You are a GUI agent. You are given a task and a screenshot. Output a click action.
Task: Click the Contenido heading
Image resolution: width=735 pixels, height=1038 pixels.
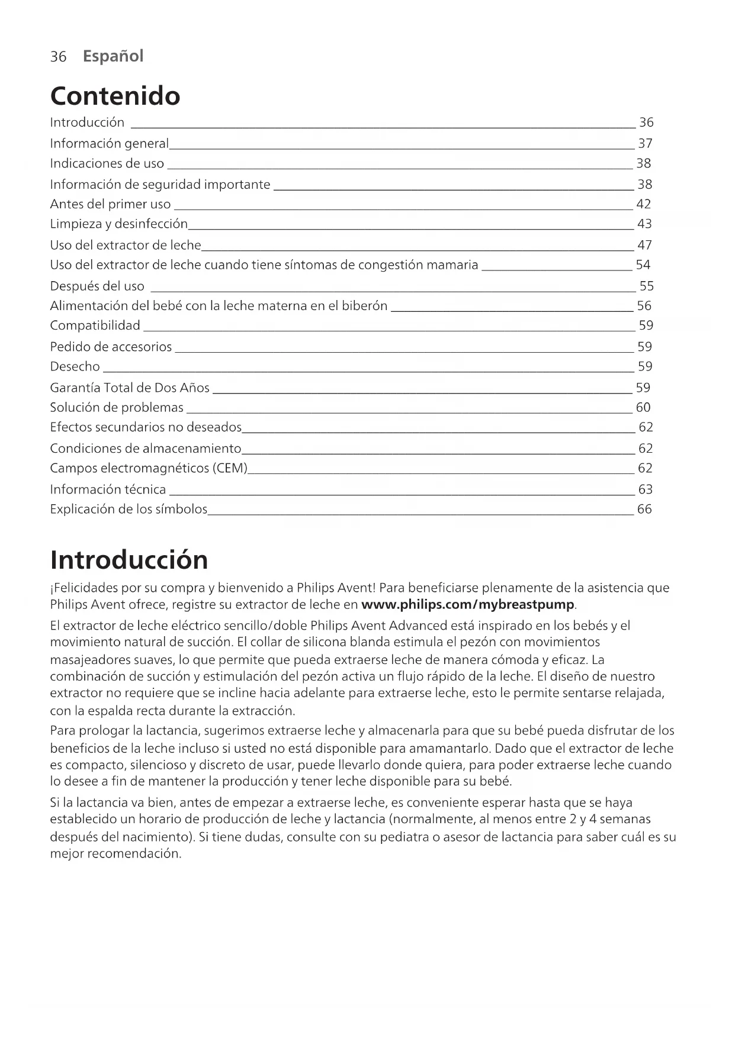click(115, 96)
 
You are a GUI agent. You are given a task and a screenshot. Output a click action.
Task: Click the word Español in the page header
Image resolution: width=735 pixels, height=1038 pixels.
click(113, 56)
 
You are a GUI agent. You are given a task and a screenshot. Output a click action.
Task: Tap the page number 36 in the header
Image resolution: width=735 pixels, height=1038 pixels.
click(58, 57)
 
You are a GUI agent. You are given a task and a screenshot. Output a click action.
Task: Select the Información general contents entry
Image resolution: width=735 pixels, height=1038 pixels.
click(109, 143)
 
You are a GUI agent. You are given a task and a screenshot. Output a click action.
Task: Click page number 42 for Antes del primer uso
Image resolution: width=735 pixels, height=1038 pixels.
click(643, 204)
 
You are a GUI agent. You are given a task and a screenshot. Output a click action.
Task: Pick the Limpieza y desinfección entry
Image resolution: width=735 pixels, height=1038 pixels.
click(118, 224)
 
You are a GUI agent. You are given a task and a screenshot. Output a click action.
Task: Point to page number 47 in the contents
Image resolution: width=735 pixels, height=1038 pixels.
click(644, 245)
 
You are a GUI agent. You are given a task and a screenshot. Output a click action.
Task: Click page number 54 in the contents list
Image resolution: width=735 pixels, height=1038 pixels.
click(643, 265)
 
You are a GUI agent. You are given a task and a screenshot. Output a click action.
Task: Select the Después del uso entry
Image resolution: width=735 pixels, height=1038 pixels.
click(97, 286)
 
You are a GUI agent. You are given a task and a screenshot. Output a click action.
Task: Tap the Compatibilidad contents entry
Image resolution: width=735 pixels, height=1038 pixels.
click(95, 325)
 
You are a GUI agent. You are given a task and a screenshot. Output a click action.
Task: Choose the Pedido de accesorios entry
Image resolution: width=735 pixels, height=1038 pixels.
click(111, 347)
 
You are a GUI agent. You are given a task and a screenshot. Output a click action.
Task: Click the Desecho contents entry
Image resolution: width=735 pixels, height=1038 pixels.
click(75, 366)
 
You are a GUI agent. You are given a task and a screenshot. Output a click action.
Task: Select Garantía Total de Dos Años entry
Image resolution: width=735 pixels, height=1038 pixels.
click(130, 388)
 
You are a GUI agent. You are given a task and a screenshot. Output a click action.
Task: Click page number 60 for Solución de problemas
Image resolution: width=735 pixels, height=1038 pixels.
click(643, 407)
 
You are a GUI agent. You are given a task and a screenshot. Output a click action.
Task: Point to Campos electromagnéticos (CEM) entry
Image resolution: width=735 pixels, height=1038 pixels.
click(148, 468)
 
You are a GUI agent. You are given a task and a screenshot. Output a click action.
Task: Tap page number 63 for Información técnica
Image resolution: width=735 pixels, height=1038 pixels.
click(645, 489)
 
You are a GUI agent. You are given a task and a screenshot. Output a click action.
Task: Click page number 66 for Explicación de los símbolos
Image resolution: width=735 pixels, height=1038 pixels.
click(644, 509)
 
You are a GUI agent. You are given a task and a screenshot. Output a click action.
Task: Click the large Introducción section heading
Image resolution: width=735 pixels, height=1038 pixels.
click(129, 560)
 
